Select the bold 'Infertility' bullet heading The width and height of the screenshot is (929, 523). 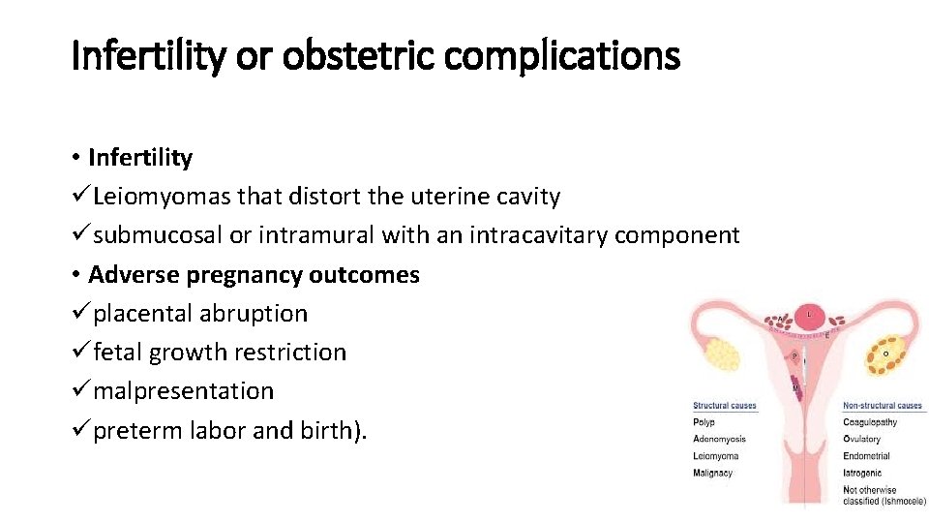coord(140,158)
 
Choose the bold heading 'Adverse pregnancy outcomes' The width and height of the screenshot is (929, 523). coord(254,274)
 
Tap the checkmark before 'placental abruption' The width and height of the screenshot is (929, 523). coord(80,313)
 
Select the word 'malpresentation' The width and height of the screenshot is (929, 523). coord(184,390)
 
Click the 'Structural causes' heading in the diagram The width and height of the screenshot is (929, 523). coord(724,406)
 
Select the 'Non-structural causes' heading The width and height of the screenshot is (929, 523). coord(883,406)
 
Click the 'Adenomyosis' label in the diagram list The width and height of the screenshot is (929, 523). coord(719,439)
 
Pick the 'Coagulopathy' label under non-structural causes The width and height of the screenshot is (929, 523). coord(870,422)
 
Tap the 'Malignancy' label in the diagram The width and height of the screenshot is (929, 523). coord(712,473)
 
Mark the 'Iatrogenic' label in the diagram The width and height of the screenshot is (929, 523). coord(861,473)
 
